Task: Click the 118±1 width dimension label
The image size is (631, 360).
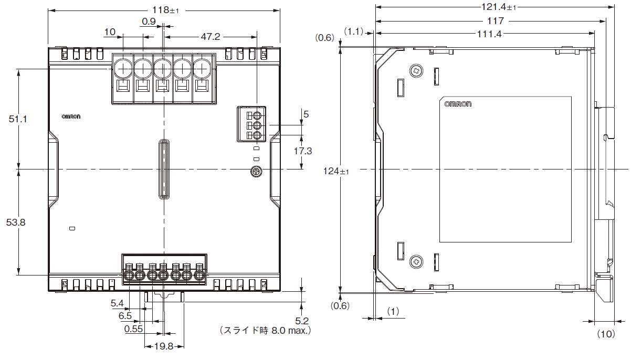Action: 165,10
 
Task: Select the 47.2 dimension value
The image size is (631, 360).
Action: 211,37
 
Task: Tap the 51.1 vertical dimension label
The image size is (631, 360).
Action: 18,119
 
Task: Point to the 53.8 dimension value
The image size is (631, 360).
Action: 16,223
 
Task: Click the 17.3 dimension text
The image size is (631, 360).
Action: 303,151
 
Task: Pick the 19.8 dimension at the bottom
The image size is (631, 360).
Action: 164,346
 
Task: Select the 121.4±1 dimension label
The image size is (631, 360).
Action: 499,7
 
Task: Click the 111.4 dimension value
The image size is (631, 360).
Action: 489,34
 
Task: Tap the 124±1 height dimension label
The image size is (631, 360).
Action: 336,171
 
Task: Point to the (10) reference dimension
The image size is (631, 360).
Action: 606,334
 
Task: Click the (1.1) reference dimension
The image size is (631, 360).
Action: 353,31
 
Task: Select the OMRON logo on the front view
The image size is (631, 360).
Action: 71,117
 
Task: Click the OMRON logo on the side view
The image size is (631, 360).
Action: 458,104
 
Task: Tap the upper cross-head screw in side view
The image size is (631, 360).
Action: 416,71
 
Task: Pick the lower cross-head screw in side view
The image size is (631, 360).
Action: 416,262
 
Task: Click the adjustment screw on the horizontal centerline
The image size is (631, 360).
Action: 256,172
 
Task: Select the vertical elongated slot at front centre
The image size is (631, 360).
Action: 164,169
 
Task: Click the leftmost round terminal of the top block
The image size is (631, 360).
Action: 123,68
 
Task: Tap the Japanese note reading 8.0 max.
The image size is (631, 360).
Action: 265,331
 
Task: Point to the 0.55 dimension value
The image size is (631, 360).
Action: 133,329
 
